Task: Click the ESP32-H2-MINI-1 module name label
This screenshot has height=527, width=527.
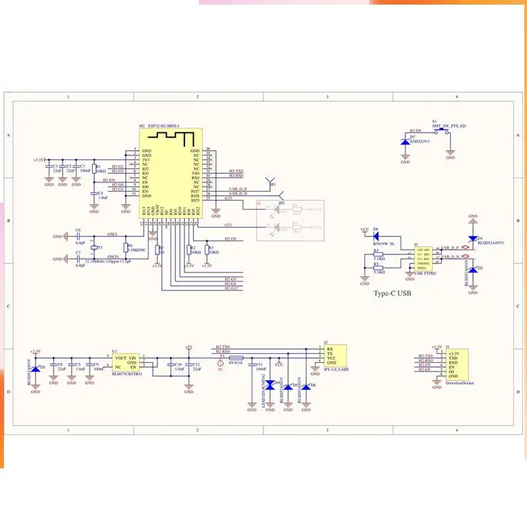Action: click(x=162, y=126)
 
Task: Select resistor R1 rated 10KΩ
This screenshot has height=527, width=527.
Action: click(x=94, y=169)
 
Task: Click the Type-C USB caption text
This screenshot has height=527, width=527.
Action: click(x=392, y=293)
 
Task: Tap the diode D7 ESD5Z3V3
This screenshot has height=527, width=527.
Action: click(x=404, y=141)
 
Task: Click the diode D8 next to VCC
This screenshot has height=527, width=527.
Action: click(x=375, y=235)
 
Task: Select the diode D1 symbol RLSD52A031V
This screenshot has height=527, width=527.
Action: click(x=472, y=238)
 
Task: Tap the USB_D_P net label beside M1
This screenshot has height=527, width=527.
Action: click(x=237, y=188)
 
